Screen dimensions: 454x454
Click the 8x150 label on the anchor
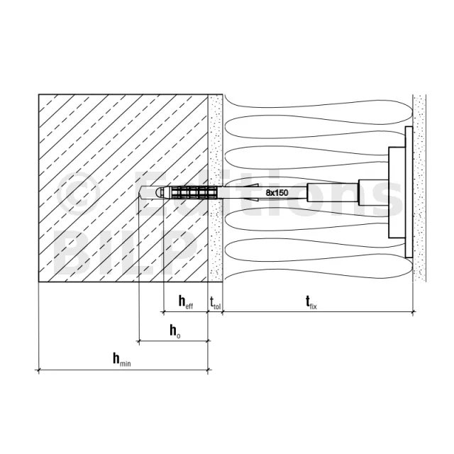click(x=277, y=192)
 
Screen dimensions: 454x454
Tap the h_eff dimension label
click(x=186, y=301)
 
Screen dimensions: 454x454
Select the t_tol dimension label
click(x=215, y=303)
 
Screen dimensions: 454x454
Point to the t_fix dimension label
click(x=311, y=302)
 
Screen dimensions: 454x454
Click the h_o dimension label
click(x=175, y=331)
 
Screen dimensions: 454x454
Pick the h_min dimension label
click(x=121, y=360)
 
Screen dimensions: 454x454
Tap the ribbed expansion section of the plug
click(x=194, y=192)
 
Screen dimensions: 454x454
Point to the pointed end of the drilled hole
click(x=139, y=192)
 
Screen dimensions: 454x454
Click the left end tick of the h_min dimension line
click(x=38, y=370)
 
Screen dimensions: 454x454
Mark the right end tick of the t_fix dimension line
click(x=413, y=312)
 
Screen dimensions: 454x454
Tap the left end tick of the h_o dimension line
click(x=139, y=341)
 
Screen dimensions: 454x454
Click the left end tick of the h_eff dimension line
click(x=164, y=312)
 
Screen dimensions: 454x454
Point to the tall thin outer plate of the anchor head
click(x=409, y=192)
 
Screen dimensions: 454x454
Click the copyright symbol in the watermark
click(x=77, y=193)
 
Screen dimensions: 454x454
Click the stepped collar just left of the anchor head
click(x=374, y=192)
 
